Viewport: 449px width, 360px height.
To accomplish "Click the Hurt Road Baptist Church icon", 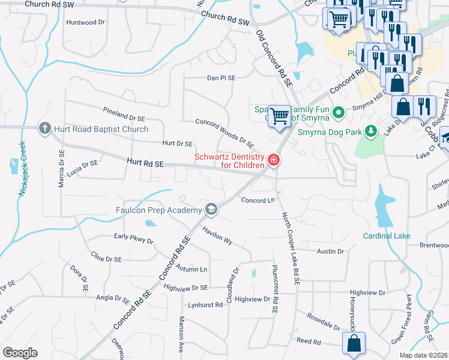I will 44,128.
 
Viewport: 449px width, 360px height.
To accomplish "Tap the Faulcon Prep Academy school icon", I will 211,209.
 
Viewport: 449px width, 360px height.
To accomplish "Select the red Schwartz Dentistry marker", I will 274,160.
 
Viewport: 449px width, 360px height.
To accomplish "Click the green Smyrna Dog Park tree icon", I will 371,130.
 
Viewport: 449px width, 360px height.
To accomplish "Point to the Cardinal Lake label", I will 387,236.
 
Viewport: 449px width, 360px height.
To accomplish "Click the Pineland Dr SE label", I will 124,114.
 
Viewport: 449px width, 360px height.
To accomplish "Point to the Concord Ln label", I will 258,200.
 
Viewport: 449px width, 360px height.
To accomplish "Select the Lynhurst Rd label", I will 206,305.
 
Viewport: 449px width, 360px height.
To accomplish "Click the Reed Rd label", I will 309,341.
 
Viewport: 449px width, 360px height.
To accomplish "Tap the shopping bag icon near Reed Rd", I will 354,344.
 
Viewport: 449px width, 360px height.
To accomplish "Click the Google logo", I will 20,353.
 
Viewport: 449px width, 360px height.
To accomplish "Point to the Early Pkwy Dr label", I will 134,238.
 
